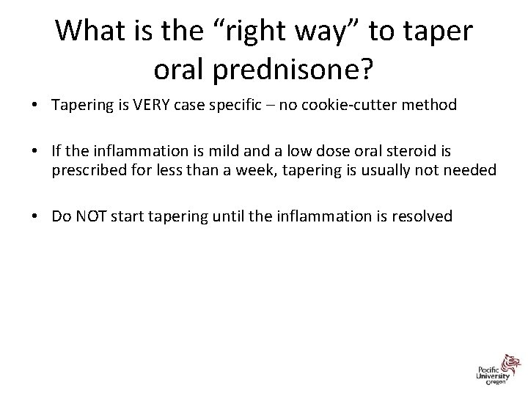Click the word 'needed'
pyautogui.click(x=472, y=171)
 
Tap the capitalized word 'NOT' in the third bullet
pyautogui.click(x=87, y=216)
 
